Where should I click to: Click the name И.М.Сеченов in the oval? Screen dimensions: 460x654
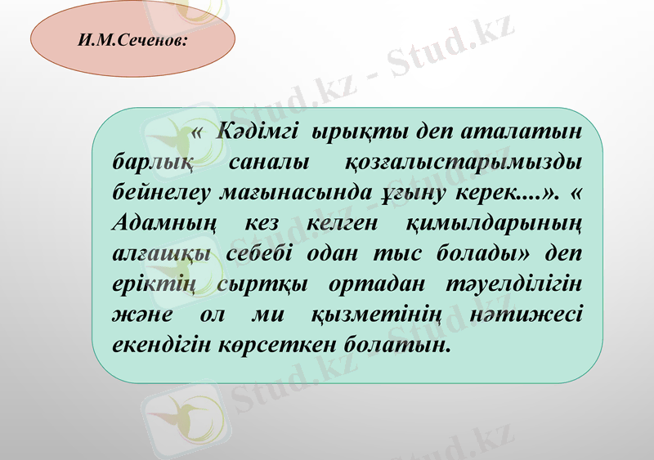point(132,38)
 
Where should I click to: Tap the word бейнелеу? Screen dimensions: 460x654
point(160,192)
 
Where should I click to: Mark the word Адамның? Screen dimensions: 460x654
point(161,223)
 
